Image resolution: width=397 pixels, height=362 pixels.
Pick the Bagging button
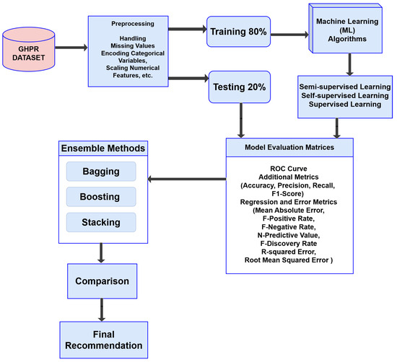pyautogui.click(x=100, y=171)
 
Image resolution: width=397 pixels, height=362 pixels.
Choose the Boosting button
pyautogui.click(x=100, y=195)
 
